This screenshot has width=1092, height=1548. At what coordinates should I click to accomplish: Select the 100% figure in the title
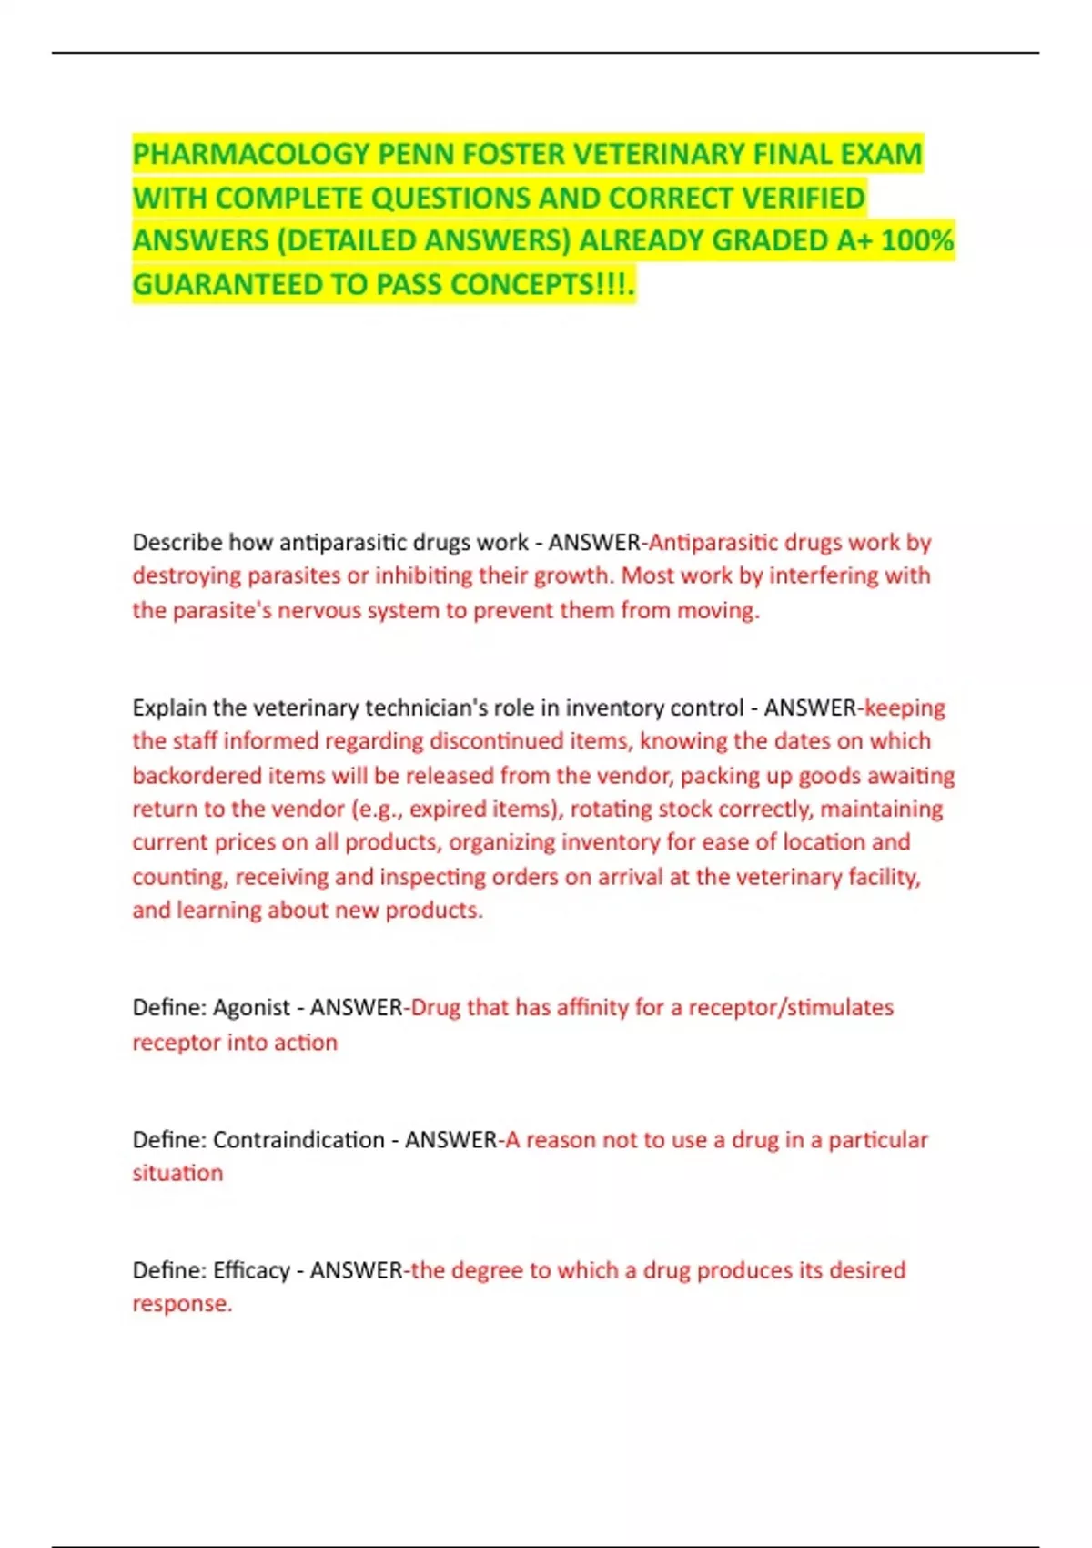point(917,240)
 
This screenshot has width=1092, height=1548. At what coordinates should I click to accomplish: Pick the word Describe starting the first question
point(177,543)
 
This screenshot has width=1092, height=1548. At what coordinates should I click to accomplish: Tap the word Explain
point(167,708)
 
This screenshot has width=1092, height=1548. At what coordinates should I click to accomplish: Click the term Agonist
point(251,1008)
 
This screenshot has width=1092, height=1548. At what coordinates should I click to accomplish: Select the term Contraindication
point(298,1140)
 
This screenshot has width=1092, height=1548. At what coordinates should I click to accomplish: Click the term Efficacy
point(251,1270)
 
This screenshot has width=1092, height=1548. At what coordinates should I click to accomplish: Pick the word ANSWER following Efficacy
point(356,1270)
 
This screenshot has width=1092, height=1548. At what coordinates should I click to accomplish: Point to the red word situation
point(177,1174)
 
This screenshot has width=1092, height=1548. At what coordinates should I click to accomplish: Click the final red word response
point(180,1304)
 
